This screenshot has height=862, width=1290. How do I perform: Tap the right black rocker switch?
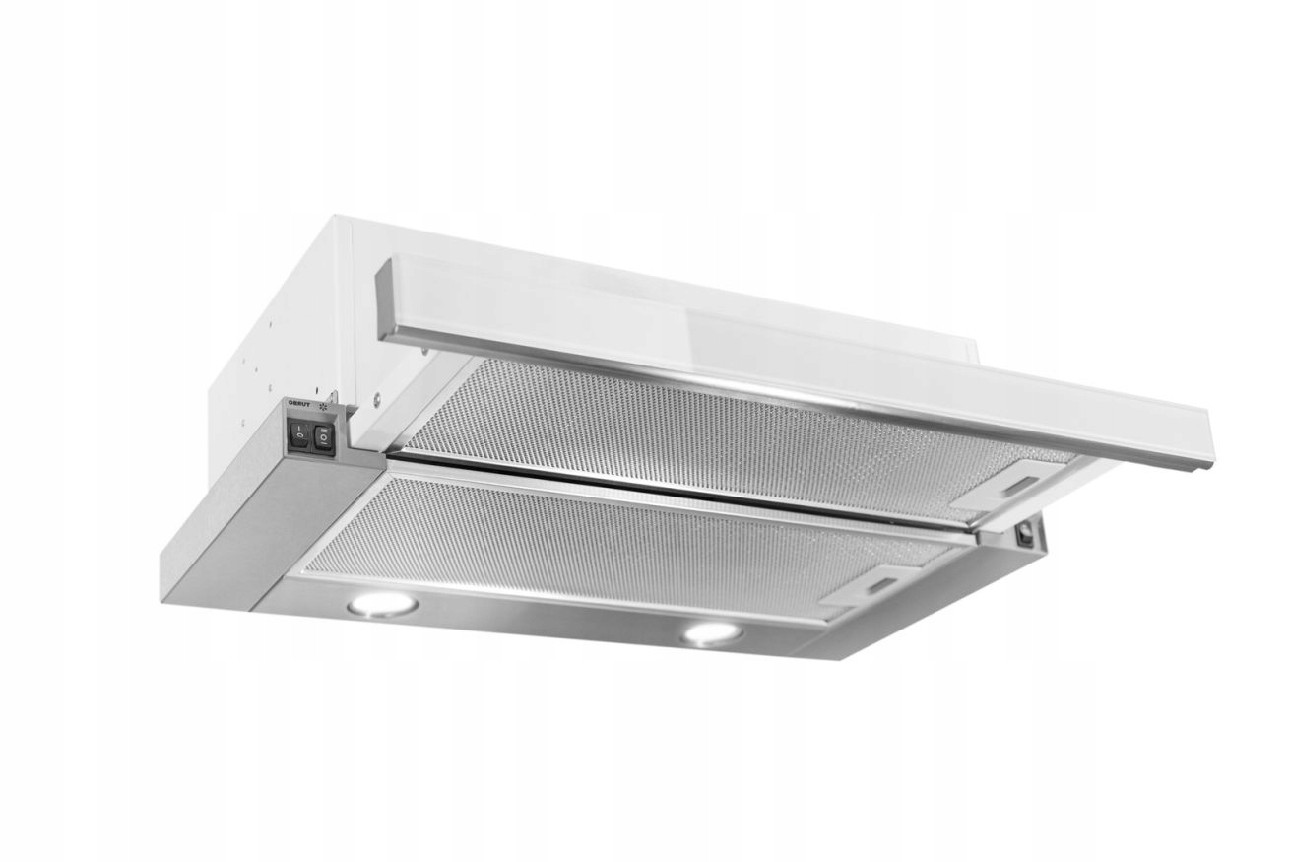[322, 438]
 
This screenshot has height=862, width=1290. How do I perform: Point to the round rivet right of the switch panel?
[375, 401]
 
